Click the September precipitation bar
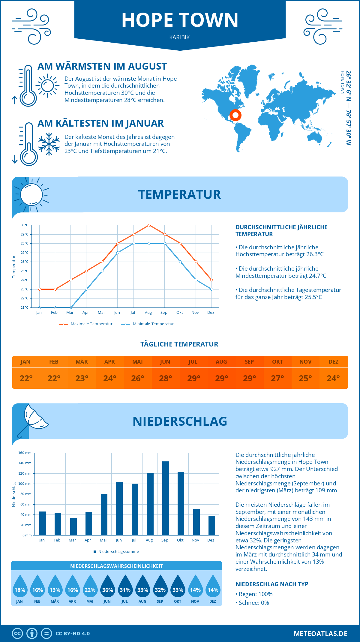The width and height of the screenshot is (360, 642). pyautogui.click(x=166, y=498)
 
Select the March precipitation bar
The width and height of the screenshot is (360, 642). pyautogui.click(x=73, y=526)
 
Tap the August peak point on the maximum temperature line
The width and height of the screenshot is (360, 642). pyautogui.click(x=149, y=225)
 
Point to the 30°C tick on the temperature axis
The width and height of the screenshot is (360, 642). pyautogui.click(x=25, y=225)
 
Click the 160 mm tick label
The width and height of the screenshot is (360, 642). pyautogui.click(x=25, y=453)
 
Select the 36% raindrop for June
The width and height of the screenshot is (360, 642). pyautogui.click(x=107, y=587)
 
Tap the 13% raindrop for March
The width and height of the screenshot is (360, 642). pyautogui.click(x=55, y=587)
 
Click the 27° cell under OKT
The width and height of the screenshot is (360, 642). pyautogui.click(x=277, y=378)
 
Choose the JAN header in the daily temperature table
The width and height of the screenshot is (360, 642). pyautogui.click(x=25, y=362)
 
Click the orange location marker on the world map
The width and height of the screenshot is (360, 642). pyautogui.click(x=235, y=115)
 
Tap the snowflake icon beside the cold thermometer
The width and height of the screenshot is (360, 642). pyautogui.click(x=49, y=144)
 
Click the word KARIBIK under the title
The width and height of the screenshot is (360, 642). pyautogui.click(x=179, y=37)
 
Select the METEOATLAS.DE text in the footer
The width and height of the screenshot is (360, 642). pyautogui.click(x=320, y=634)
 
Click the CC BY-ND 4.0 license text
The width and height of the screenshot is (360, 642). pyautogui.click(x=73, y=634)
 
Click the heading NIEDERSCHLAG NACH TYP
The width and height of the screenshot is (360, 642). pyautogui.click(x=272, y=584)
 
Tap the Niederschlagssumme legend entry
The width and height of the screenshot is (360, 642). pyautogui.click(x=118, y=552)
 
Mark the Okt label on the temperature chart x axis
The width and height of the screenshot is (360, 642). pyautogui.click(x=179, y=313)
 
